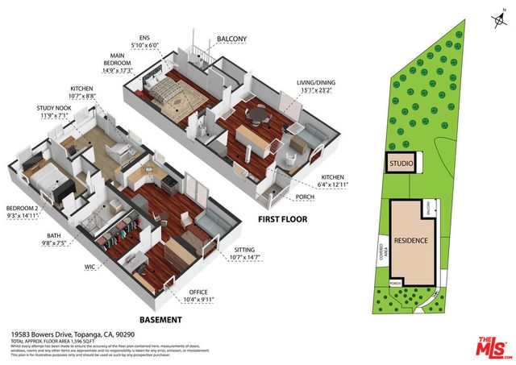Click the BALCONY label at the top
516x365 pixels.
(231, 37)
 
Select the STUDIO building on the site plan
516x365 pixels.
(402, 164)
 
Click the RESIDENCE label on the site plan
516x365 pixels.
(411, 239)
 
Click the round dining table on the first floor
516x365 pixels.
(257, 115)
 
